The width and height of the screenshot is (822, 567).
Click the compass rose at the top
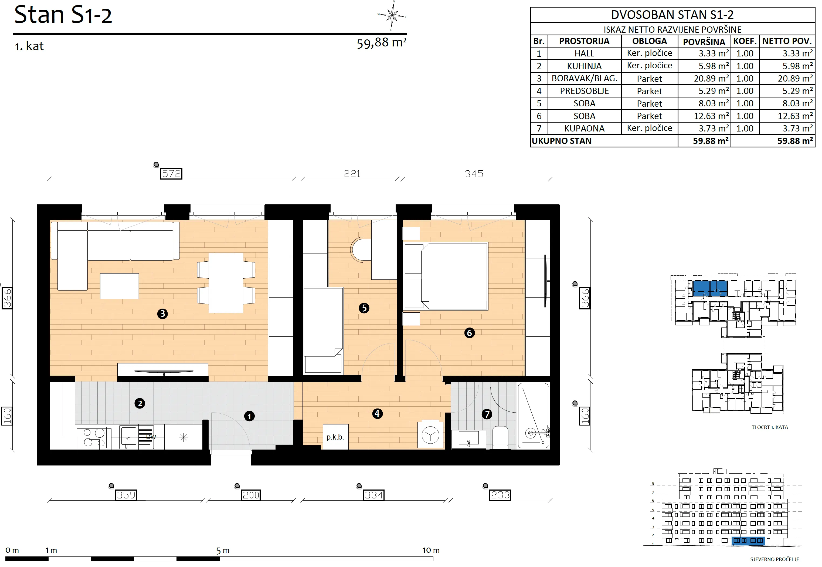click(392, 15)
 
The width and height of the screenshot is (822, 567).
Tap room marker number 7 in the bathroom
click(487, 414)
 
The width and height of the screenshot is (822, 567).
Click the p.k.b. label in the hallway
click(335, 437)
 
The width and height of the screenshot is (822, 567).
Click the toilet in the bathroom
click(500, 437)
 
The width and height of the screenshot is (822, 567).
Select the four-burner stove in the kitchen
click(94, 438)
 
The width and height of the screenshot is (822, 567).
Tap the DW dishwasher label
click(151, 437)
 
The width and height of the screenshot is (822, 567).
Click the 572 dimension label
click(171, 174)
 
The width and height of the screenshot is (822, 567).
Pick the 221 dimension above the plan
click(352, 174)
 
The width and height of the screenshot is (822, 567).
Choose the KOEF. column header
click(745, 41)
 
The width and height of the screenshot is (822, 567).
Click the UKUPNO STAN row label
click(562, 141)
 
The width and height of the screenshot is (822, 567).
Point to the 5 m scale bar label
click(223, 551)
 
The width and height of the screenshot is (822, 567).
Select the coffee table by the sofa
click(119, 286)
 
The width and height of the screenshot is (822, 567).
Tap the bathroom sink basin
click(469, 438)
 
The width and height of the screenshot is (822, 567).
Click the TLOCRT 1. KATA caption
click(769, 427)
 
